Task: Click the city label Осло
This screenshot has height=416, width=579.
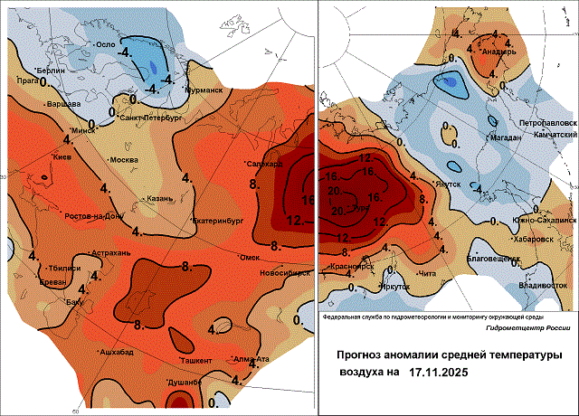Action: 109,43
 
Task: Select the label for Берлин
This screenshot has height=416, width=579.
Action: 51,70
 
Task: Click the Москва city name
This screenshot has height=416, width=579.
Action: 123,160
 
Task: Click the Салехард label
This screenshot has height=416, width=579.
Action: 265,164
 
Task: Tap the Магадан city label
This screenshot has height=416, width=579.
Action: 504,137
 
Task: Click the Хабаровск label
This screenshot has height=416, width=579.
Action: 533,240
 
